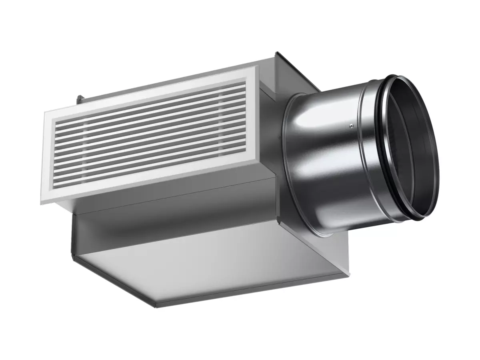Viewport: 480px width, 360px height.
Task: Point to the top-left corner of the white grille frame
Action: coord(44,113)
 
